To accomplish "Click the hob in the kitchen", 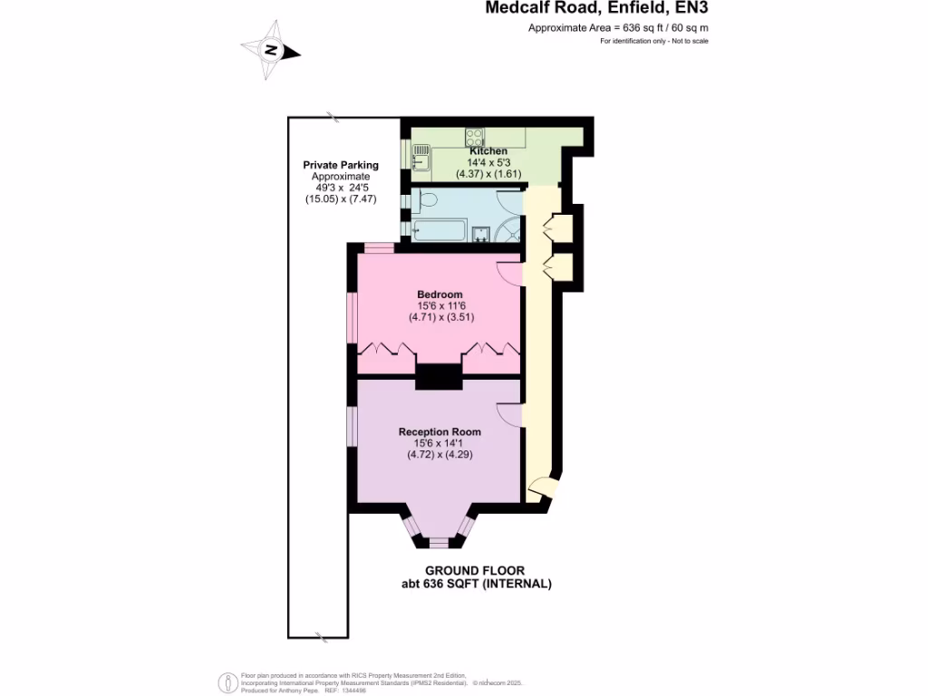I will [474, 138].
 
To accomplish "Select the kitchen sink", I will [420, 162].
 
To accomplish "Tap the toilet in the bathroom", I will [427, 198].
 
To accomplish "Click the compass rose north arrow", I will [271, 51].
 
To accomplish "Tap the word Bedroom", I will [440, 295].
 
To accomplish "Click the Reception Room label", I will [440, 431].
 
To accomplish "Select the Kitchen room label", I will [488, 150].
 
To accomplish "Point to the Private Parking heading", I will [341, 165].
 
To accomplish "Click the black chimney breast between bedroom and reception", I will [439, 376].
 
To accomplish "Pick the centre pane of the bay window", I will [439, 543].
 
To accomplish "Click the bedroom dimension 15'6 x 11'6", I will [440, 306].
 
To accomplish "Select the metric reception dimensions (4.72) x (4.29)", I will [440, 455].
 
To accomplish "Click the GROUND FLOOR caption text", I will [476, 571].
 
